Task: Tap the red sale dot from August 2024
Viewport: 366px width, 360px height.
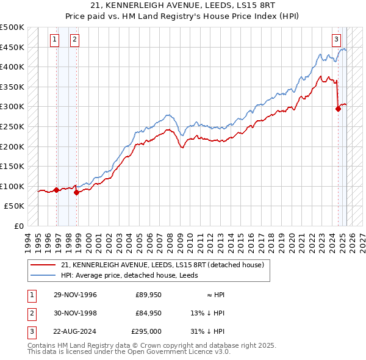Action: pos(338,109)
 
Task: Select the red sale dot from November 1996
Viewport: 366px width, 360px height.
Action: pos(57,190)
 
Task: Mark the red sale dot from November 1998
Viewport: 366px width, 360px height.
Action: pos(77,192)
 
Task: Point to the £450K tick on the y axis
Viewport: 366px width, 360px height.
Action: pos(12,47)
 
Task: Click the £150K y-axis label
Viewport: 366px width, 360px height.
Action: pos(12,166)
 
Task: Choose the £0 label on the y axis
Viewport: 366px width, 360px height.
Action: pos(19,226)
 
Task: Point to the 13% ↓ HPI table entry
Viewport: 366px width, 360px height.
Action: pos(208,313)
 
